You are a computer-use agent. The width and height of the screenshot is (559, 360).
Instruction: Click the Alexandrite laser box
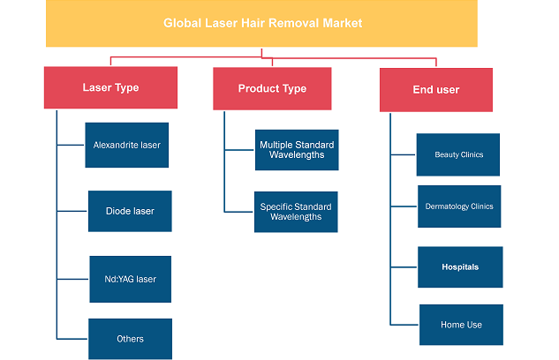tap(126, 145)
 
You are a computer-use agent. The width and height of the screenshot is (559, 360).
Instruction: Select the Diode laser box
tap(130, 211)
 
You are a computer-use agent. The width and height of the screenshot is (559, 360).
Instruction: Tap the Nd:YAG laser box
tap(130, 279)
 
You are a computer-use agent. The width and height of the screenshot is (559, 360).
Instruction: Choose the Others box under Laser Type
tap(130, 339)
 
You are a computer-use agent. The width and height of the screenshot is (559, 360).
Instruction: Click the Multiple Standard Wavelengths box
tap(297, 150)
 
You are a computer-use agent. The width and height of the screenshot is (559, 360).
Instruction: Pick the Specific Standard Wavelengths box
tap(296, 212)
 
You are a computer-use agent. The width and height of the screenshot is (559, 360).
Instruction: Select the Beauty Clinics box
tap(458, 154)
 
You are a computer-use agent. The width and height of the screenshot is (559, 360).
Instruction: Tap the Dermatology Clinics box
tap(459, 206)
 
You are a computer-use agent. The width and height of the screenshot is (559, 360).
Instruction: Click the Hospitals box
tap(460, 267)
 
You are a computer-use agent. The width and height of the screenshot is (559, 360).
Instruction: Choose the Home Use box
tap(461, 325)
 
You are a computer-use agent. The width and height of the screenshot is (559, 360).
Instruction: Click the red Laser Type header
tap(110, 87)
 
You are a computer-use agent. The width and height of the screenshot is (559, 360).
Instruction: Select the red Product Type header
tap(272, 88)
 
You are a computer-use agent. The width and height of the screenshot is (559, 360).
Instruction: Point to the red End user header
tap(436, 90)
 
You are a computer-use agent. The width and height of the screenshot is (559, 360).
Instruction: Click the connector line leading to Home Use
tap(404, 325)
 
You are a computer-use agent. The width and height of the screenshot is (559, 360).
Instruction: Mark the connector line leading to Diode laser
tap(72, 211)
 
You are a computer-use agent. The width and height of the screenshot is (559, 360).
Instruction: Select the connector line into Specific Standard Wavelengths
tap(238, 212)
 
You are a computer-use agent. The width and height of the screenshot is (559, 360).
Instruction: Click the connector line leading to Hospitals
tap(404, 267)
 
